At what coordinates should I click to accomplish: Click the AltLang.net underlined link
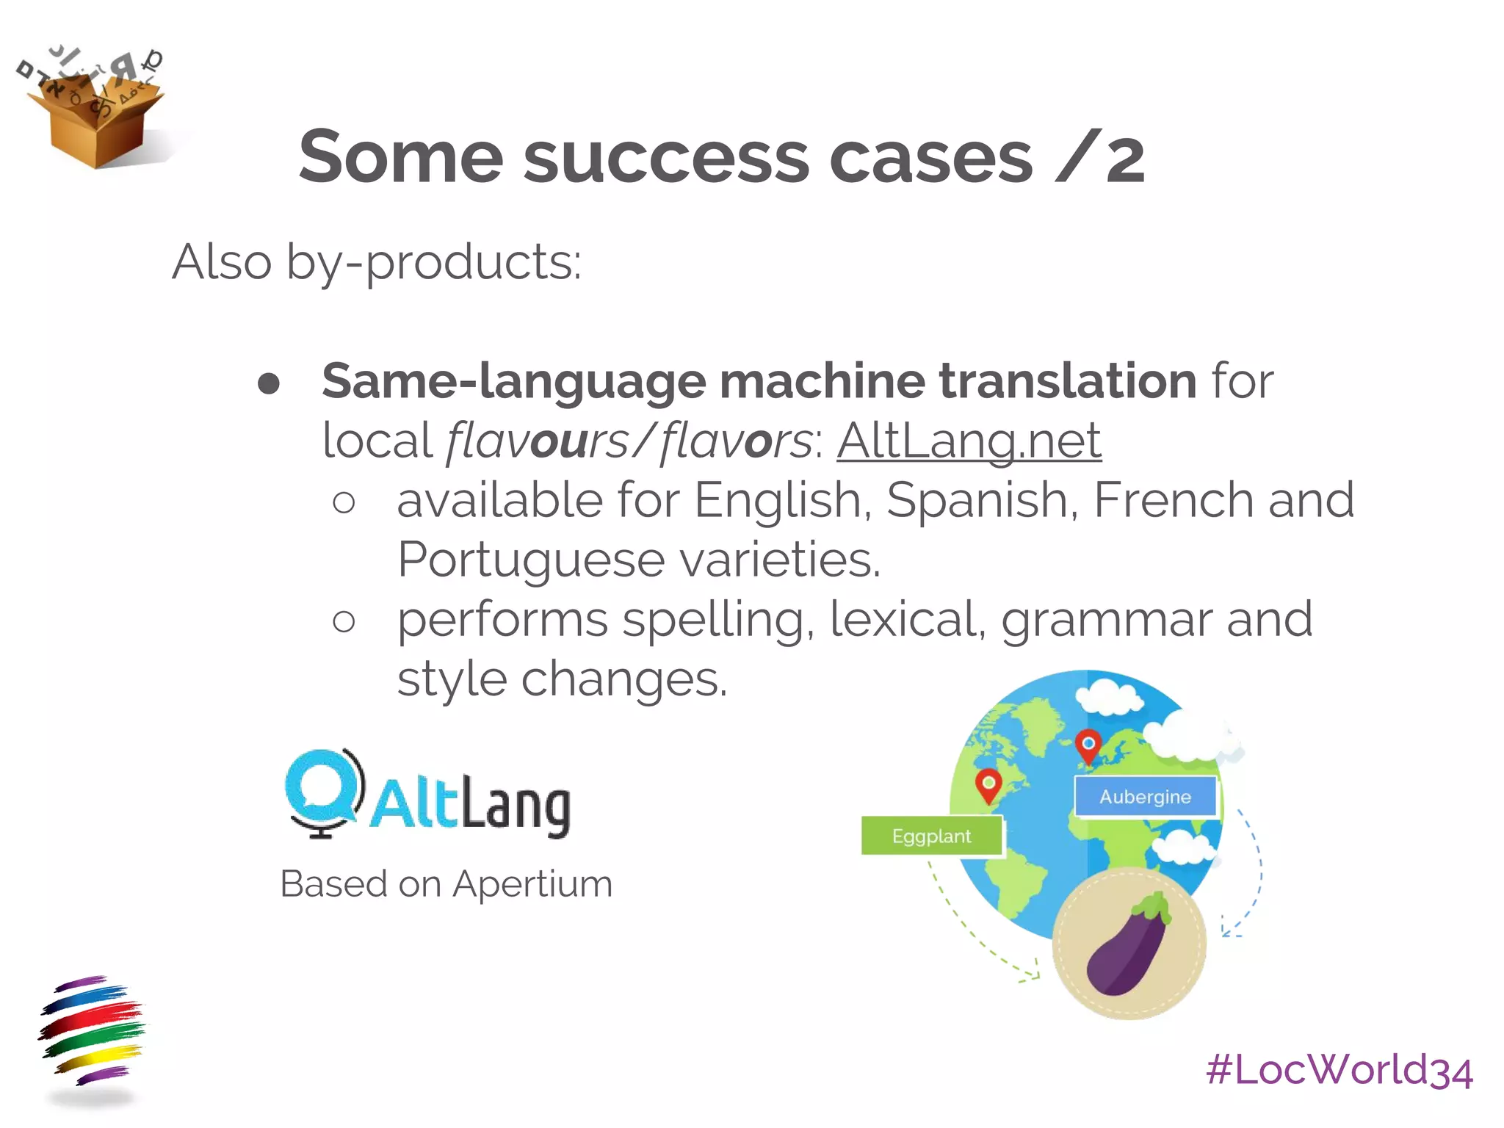969,441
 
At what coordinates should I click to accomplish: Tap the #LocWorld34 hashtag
1339,1070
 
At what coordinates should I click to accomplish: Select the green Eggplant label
931,836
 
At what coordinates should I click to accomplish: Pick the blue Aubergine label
1145,797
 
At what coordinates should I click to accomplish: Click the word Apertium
532,883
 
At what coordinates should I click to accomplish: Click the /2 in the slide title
1099,156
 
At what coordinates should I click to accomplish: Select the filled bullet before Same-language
270,383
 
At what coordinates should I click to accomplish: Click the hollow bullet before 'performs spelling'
344,621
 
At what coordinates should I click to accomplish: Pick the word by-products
433,262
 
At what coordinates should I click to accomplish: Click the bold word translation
1068,381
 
